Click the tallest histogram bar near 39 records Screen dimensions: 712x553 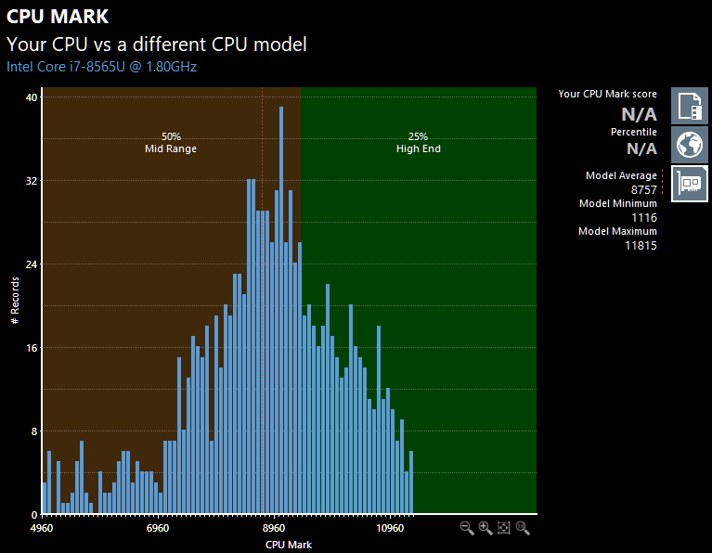pyautogui.click(x=281, y=311)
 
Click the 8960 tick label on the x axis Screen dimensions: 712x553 pyautogui.click(x=274, y=528)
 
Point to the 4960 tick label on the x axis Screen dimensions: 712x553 pyautogui.click(x=42, y=528)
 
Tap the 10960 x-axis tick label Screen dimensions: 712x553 pyautogui.click(x=390, y=528)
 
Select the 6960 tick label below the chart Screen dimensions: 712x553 pyautogui.click(x=158, y=528)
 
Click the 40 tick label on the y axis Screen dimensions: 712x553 pyautogui.click(x=32, y=97)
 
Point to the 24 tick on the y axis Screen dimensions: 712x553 pyautogui.click(x=32, y=264)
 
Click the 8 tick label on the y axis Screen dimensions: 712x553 pyautogui.click(x=34, y=431)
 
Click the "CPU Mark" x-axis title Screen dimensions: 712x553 pyautogui.click(x=289, y=545)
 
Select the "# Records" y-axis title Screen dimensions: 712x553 pyautogui.click(x=15, y=300)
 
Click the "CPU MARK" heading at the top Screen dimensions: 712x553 pyautogui.click(x=58, y=17)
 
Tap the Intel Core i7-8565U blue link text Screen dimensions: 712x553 pyautogui.click(x=102, y=67)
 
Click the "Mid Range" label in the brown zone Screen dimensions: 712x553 pyautogui.click(x=171, y=148)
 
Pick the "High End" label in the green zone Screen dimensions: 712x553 pyautogui.click(x=419, y=148)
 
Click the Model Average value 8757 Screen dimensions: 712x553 pyautogui.click(x=644, y=190)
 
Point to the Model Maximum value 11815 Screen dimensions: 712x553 pyautogui.click(x=641, y=246)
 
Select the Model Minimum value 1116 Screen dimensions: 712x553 pyautogui.click(x=644, y=218)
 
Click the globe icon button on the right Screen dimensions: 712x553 pyautogui.click(x=690, y=145)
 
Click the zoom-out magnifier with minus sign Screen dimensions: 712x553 pyautogui.click(x=467, y=528)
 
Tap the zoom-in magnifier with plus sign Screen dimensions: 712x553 pyautogui.click(x=485, y=528)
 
